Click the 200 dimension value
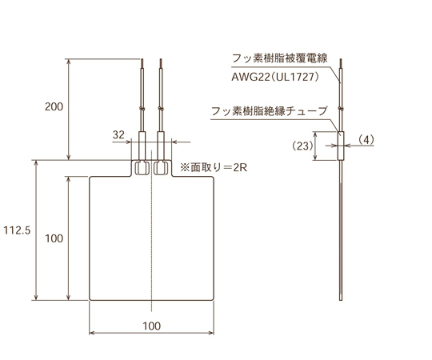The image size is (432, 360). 54,106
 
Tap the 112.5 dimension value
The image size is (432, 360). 17,230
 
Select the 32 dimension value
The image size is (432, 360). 119,135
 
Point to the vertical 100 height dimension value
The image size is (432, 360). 54,238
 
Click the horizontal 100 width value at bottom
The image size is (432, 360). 152,325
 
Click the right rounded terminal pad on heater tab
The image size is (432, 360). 161,168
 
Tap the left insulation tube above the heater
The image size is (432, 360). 142,147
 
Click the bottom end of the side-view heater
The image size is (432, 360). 339,299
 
